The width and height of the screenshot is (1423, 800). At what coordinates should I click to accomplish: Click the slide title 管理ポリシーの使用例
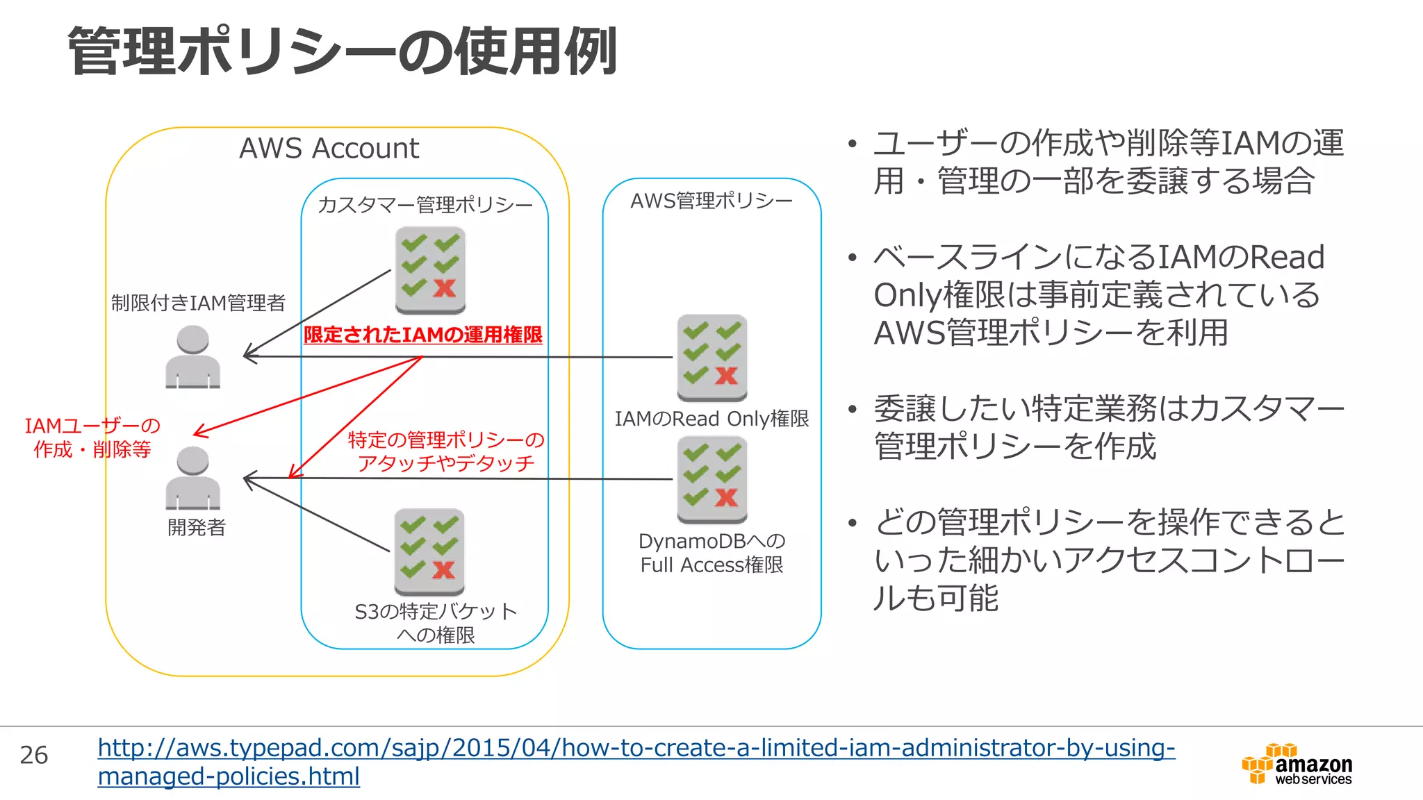pyautogui.click(x=342, y=51)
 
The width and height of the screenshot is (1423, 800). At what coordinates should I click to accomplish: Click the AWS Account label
pyautogui.click(x=329, y=149)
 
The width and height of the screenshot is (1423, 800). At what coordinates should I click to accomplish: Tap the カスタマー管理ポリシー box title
pyautogui.click(x=425, y=205)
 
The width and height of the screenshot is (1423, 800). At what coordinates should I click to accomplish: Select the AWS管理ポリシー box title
pyautogui.click(x=711, y=201)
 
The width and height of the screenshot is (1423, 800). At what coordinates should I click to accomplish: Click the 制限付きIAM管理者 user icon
pyautogui.click(x=193, y=357)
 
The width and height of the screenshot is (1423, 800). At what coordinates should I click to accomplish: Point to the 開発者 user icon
pyautogui.click(x=193, y=478)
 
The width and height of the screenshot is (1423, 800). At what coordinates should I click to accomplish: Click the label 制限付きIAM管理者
pyautogui.click(x=198, y=303)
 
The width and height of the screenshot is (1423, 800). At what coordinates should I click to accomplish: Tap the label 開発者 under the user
pyautogui.click(x=197, y=528)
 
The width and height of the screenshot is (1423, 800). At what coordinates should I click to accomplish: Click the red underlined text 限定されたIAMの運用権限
pyautogui.click(x=422, y=335)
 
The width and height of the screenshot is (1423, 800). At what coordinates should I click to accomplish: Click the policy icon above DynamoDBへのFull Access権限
pyautogui.click(x=712, y=479)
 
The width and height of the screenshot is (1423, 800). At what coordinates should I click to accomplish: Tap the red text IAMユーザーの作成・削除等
pyautogui.click(x=92, y=437)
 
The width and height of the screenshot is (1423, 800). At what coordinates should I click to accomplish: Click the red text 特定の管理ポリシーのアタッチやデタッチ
pyautogui.click(x=446, y=451)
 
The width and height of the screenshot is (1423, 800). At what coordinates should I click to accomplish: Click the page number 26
pyautogui.click(x=34, y=756)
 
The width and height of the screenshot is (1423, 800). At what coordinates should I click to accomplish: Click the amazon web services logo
pyautogui.click(x=1297, y=764)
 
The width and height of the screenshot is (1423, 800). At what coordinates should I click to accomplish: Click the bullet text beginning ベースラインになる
pyautogui.click(x=1098, y=295)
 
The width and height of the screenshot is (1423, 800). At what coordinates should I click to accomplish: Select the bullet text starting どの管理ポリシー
pyautogui.click(x=1109, y=560)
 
